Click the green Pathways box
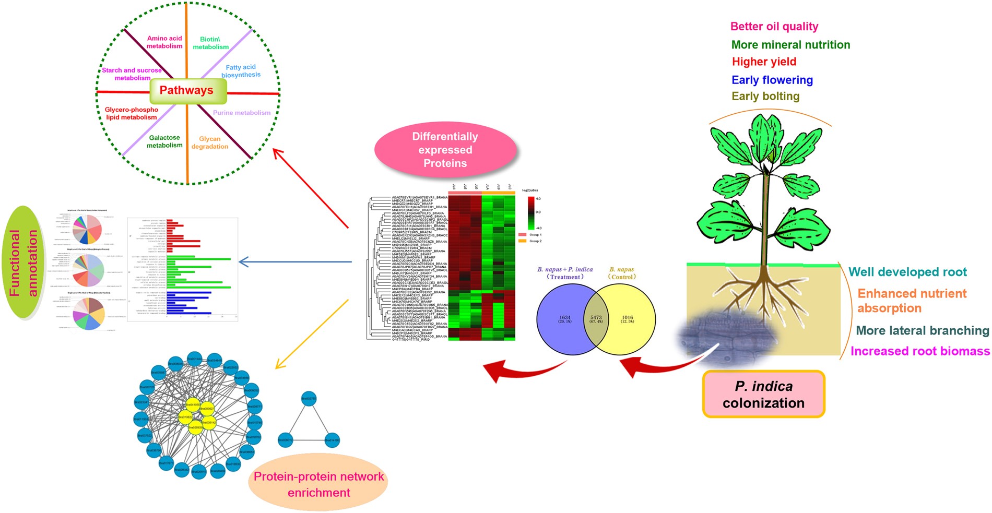(x=187, y=91)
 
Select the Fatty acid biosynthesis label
(x=241, y=71)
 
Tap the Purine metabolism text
(x=241, y=113)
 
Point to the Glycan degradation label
(x=209, y=142)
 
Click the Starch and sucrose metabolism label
(x=132, y=74)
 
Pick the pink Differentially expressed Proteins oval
(x=445, y=150)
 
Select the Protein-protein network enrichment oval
(x=318, y=484)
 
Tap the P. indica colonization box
(x=763, y=395)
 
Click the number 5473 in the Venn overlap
(x=596, y=317)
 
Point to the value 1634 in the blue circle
(x=565, y=317)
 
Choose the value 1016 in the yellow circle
(x=627, y=317)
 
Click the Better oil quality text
(x=774, y=27)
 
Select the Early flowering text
(x=772, y=80)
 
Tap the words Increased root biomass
(x=920, y=351)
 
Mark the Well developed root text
(x=907, y=272)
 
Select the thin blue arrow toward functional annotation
(x=295, y=261)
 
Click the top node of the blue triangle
(x=309, y=399)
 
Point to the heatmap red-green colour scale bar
(x=530, y=213)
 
